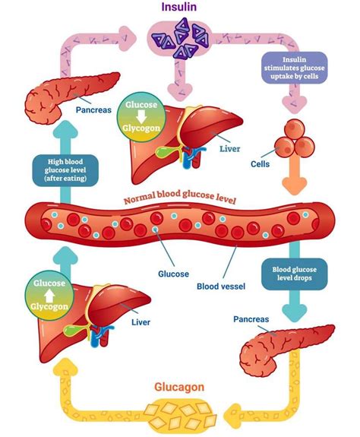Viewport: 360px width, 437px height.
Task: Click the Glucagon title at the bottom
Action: tap(179, 387)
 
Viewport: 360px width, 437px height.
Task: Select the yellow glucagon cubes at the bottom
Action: tap(180, 414)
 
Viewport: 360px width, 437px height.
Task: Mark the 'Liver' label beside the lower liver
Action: tap(141, 321)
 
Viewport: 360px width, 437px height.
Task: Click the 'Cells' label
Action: tap(261, 163)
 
